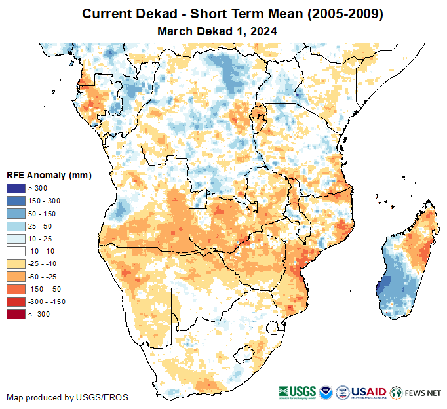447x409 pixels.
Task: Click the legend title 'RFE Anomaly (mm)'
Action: click(49, 176)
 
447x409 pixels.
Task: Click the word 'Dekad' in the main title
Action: click(154, 14)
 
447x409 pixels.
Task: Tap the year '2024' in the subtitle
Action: click(264, 31)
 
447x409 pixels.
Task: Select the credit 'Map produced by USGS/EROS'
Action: click(67, 397)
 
